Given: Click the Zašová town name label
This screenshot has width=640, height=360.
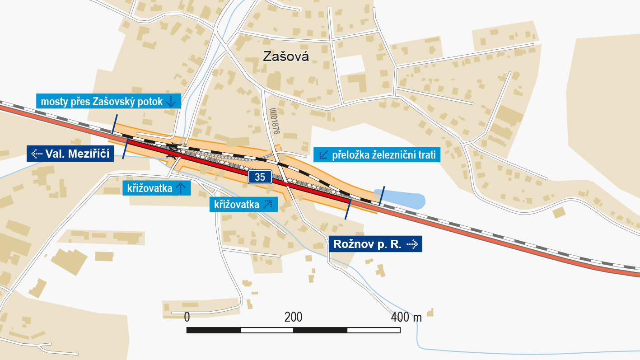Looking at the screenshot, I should [286, 56].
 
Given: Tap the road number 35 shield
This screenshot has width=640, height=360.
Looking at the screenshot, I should [260, 177].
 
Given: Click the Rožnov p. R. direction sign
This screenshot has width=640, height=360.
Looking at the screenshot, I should [375, 244].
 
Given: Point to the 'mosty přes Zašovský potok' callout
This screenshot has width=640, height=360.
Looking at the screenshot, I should [108, 102].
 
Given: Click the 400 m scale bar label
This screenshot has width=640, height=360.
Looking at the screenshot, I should [406, 317].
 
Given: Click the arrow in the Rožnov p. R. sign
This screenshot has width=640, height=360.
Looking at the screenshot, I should [412, 244].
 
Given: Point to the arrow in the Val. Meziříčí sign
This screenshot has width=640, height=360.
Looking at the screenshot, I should [36, 154].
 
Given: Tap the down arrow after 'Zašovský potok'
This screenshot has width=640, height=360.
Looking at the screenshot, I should [172, 102].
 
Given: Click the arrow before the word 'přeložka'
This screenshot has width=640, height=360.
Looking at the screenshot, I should [323, 155].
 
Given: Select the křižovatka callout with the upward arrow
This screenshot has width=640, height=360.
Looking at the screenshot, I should [156, 188].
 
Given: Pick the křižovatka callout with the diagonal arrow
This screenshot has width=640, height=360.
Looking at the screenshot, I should [243, 205].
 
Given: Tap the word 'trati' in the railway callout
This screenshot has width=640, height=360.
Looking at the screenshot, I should [427, 155].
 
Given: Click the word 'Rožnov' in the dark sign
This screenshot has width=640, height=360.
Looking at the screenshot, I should [350, 244].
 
